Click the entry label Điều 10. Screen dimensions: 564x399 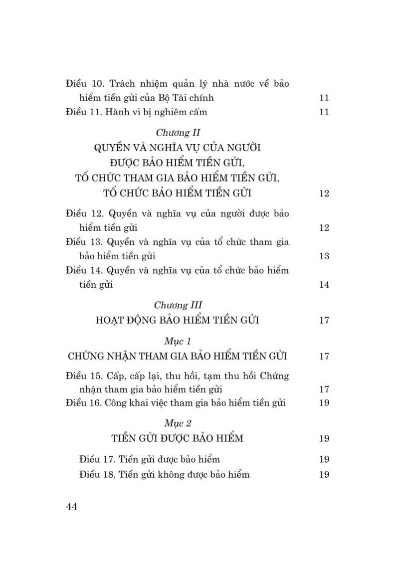(x=84, y=83)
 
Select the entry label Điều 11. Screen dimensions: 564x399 (x=83, y=112)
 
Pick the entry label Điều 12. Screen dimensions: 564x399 (x=84, y=213)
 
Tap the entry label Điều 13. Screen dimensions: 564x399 (x=84, y=242)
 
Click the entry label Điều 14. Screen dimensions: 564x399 (x=84, y=271)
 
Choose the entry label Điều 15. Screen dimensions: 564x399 (x=84, y=375)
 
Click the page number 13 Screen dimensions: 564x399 (x=324, y=257)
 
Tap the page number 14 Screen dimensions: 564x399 (x=324, y=285)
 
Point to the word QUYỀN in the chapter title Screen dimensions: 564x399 (x=111, y=148)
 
